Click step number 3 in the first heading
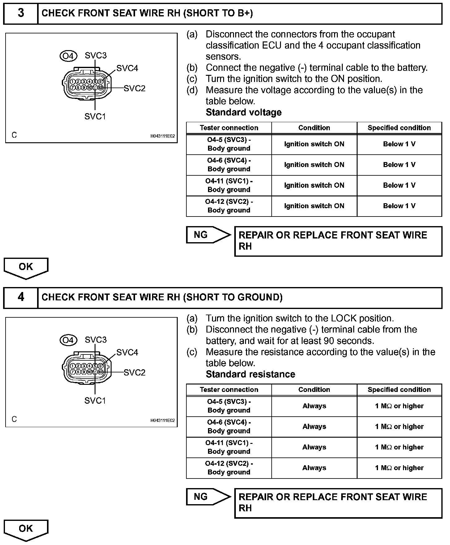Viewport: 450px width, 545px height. point(21,13)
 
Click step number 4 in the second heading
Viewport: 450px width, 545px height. point(21,297)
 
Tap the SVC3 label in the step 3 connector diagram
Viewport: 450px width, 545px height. point(96,55)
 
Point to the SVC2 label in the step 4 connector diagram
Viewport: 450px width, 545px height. point(134,373)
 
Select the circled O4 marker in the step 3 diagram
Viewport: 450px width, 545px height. point(68,56)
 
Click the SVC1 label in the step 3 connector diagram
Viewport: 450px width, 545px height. point(95,116)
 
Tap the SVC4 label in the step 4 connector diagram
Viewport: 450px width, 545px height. point(127,352)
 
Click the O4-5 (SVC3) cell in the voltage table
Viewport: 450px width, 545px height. point(229,144)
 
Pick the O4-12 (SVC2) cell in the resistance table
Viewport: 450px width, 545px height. point(229,468)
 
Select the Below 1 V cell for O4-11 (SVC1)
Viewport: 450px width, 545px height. point(399,185)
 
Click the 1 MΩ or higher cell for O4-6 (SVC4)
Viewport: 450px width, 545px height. point(399,427)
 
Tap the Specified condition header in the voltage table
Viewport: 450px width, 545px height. point(399,128)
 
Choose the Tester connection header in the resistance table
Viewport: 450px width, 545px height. point(229,389)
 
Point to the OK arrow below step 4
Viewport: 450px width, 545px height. point(26,529)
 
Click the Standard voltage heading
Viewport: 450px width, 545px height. point(244,112)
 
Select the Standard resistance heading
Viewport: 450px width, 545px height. point(250,374)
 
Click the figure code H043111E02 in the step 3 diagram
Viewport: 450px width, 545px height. point(163,136)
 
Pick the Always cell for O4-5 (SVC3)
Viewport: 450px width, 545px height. point(314,406)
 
